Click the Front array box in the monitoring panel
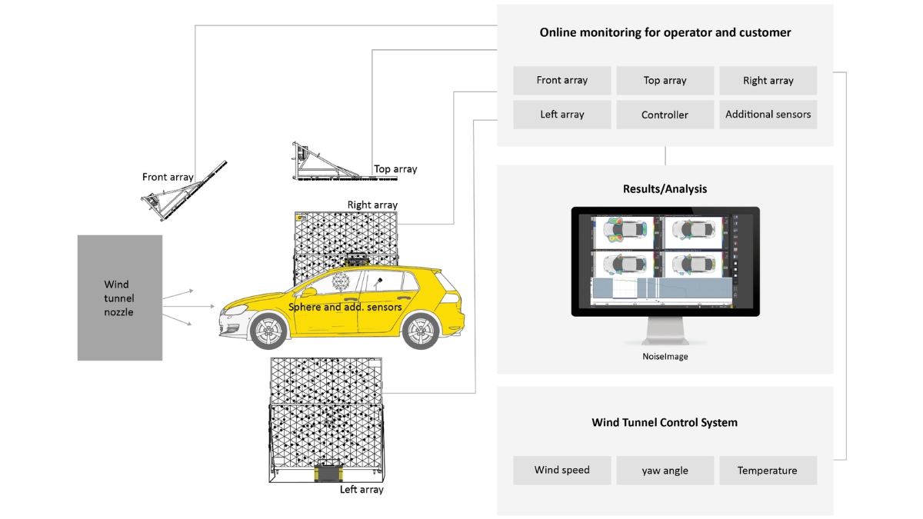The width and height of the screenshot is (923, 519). [561, 80]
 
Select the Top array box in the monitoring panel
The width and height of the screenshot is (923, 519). [665, 80]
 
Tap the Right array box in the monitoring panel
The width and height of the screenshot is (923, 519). [768, 80]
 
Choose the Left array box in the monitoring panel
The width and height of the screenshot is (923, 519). [561, 115]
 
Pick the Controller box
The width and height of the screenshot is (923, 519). [665, 115]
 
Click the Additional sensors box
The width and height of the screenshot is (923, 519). [768, 115]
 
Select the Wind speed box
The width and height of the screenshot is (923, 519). [561, 470]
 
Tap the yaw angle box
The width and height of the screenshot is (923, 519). [665, 470]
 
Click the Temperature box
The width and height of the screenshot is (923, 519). [768, 470]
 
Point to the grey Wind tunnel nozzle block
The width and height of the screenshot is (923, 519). [119, 298]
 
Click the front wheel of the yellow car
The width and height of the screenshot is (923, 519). [268, 332]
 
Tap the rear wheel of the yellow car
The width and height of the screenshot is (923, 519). [420, 332]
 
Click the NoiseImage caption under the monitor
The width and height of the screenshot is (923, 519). [665, 357]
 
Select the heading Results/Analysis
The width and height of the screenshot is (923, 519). [665, 188]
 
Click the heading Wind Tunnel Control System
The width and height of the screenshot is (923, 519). [665, 422]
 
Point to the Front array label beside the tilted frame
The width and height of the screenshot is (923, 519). [168, 177]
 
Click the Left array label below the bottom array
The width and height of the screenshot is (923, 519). [362, 489]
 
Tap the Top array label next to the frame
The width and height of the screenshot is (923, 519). [395, 169]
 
